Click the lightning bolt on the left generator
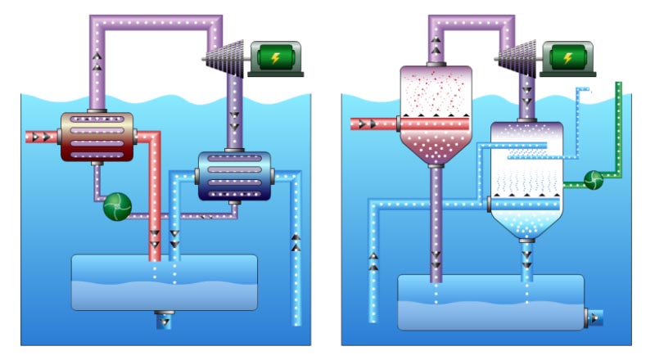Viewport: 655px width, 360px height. [x=274, y=57]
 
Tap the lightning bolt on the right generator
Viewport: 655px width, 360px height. [x=563, y=57]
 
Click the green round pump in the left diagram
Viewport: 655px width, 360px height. [x=117, y=206]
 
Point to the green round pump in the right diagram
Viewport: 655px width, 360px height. [x=593, y=179]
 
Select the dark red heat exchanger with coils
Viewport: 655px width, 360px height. [x=97, y=138]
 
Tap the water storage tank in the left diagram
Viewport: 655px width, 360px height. [x=164, y=282]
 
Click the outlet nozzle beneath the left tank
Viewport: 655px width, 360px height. [x=164, y=318]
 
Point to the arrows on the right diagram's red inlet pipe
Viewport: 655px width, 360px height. [x=366, y=124]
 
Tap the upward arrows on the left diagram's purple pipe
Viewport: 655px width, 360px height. [x=97, y=61]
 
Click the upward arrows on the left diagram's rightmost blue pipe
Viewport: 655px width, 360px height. [x=296, y=241]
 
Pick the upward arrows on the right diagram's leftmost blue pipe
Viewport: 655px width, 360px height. [x=373, y=262]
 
